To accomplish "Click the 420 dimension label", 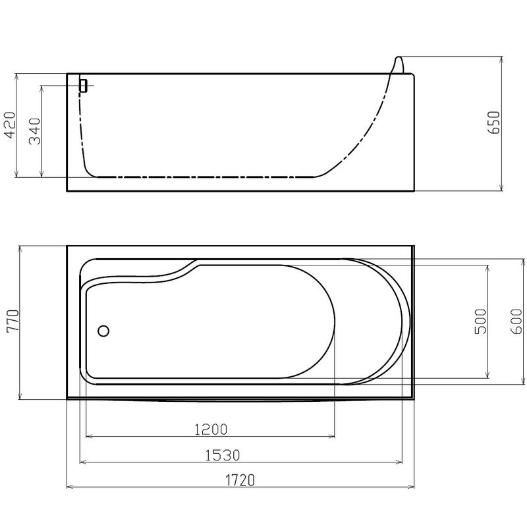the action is [x=10, y=125].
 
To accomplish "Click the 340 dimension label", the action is [x=35, y=131].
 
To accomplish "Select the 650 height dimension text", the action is [x=495, y=123].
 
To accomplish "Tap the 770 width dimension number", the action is [x=13, y=321].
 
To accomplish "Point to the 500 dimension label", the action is [x=481, y=321].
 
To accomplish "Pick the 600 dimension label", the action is [x=516, y=321].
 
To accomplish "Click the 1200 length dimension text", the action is [x=211, y=430].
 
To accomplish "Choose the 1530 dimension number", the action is [x=223, y=455].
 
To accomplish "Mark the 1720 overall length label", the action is [x=240, y=480].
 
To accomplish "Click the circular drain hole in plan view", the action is [x=103, y=331].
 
